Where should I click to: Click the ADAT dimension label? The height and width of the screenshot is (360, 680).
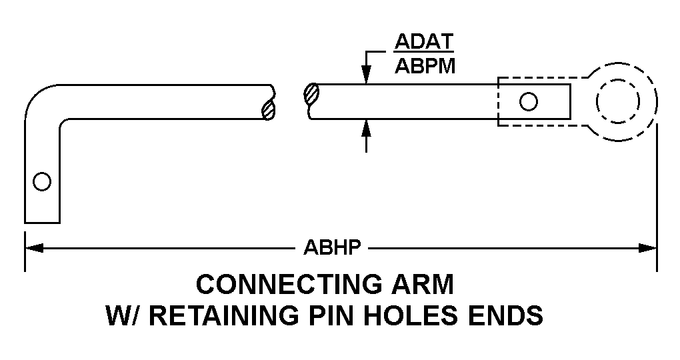pyautogui.click(x=424, y=42)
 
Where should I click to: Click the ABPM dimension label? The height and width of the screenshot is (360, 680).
pyautogui.click(x=425, y=67)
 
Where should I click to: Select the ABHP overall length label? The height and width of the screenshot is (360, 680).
pyautogui.click(x=332, y=247)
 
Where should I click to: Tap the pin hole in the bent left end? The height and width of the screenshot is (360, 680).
pyautogui.click(x=42, y=181)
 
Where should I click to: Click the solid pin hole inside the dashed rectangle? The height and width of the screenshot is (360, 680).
pyautogui.click(x=528, y=101)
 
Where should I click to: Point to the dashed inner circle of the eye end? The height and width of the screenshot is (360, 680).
pyautogui.click(x=618, y=101)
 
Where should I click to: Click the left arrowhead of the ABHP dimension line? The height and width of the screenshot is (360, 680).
pyautogui.click(x=34, y=248)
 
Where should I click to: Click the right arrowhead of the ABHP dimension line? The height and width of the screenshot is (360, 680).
pyautogui.click(x=648, y=248)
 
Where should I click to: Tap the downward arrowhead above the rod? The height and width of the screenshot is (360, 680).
pyautogui.click(x=367, y=74)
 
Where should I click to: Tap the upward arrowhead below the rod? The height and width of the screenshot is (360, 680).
pyautogui.click(x=367, y=129)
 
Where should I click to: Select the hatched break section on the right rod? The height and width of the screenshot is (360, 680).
pyautogui.click(x=311, y=94)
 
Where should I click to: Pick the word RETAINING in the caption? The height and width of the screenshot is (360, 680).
pyautogui.click(x=223, y=315)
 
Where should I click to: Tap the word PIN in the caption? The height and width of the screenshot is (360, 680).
pyautogui.click(x=331, y=315)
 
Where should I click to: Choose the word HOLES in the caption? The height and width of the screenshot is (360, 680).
pyautogui.click(x=410, y=315)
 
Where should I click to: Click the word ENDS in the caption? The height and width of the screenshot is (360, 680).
pyautogui.click(x=505, y=315)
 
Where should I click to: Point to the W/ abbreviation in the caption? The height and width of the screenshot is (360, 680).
pyautogui.click(x=123, y=315)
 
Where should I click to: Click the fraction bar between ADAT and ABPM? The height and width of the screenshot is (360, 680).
pyautogui.click(x=424, y=54)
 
